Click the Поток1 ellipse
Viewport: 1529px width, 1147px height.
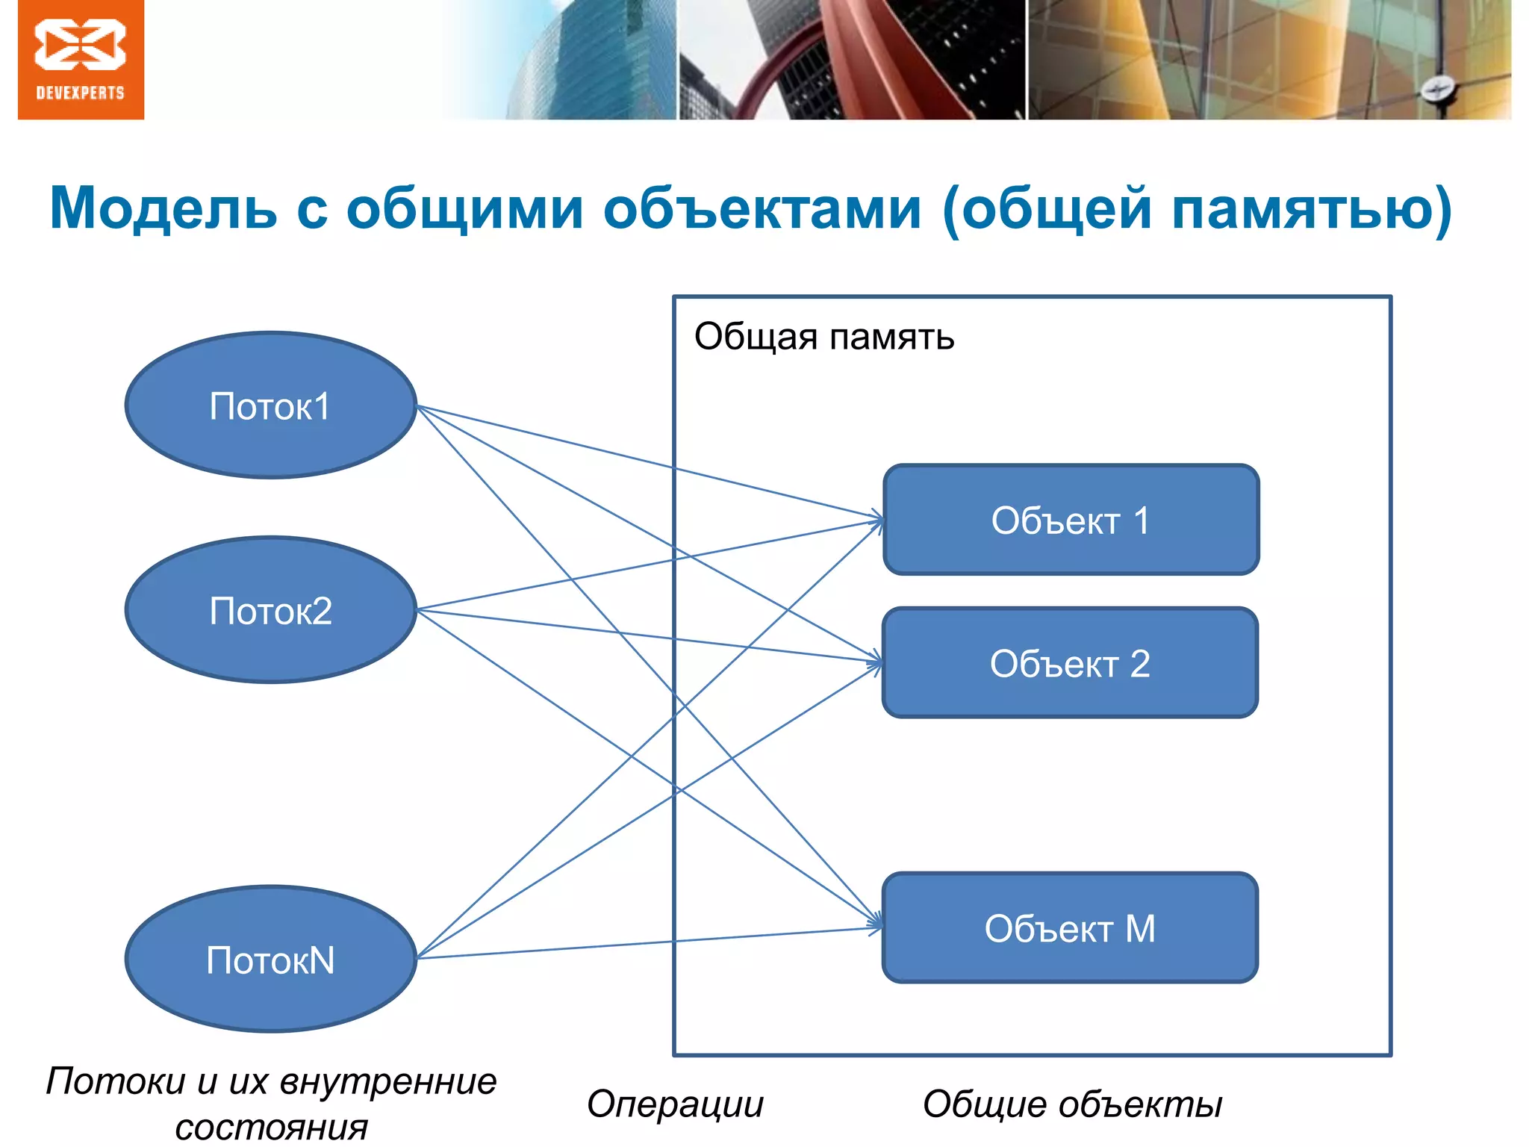[x=270, y=405]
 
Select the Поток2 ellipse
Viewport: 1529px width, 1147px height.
[x=270, y=610]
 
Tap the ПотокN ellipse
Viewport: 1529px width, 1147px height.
[x=270, y=960]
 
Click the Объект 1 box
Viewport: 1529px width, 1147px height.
[x=1071, y=520]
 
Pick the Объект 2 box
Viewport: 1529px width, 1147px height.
[x=1070, y=663]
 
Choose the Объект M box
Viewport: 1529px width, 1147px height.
[x=1070, y=928]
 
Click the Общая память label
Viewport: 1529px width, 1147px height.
[x=824, y=337]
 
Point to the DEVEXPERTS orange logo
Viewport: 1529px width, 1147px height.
[x=81, y=60]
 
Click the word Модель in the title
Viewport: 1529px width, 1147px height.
[x=163, y=208]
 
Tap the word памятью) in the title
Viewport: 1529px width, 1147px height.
[x=1311, y=210]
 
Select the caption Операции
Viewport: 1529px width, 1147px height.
[x=675, y=1104]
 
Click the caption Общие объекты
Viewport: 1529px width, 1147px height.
[x=1072, y=1104]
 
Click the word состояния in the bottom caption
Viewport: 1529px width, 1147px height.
[x=272, y=1127]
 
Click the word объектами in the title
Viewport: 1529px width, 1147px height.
[x=762, y=208]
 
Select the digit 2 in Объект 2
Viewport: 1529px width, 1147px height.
[x=1139, y=663]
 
